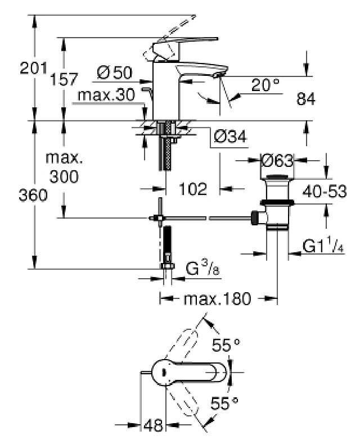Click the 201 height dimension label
[33, 68]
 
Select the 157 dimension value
[64, 79]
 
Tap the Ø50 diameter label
[115, 72]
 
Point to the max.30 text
[106, 95]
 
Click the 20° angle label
[265, 85]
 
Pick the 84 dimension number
[306, 99]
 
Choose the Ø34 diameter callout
[230, 137]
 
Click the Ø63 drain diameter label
[277, 161]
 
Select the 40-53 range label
[325, 192]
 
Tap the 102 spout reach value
[193, 189]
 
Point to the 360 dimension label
[33, 195]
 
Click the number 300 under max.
[64, 177]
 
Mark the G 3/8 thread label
[202, 269]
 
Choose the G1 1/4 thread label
[323, 246]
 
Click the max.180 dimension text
[217, 298]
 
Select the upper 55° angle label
[226, 345]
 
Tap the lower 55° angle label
[224, 403]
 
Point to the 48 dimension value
[153, 425]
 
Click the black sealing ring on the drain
[277, 202]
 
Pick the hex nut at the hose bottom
[168, 266]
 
